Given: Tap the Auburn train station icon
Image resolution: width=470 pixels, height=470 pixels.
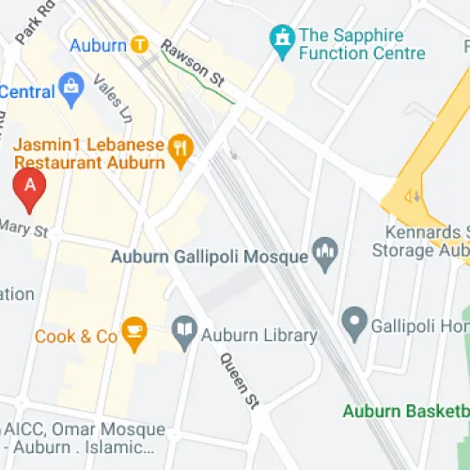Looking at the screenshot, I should pyautogui.click(x=140, y=43).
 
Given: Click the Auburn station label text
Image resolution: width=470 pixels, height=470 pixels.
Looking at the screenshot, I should pyautogui.click(x=97, y=44).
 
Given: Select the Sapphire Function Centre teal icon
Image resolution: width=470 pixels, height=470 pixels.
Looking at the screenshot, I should pyautogui.click(x=279, y=38).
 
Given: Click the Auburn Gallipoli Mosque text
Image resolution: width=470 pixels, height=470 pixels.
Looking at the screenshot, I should pyautogui.click(x=210, y=257).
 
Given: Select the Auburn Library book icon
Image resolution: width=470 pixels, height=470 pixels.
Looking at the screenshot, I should pyautogui.click(x=185, y=330).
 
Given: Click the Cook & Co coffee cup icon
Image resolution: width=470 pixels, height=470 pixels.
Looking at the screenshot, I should pyautogui.click(x=135, y=331).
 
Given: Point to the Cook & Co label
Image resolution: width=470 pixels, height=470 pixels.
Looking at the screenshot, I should pyautogui.click(x=76, y=336).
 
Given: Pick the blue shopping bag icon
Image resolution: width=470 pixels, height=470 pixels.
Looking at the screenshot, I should pyautogui.click(x=70, y=88).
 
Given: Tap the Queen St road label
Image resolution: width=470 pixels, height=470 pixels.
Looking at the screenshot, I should pyautogui.click(x=239, y=381).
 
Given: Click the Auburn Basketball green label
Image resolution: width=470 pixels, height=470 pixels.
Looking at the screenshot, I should pyautogui.click(x=405, y=411).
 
